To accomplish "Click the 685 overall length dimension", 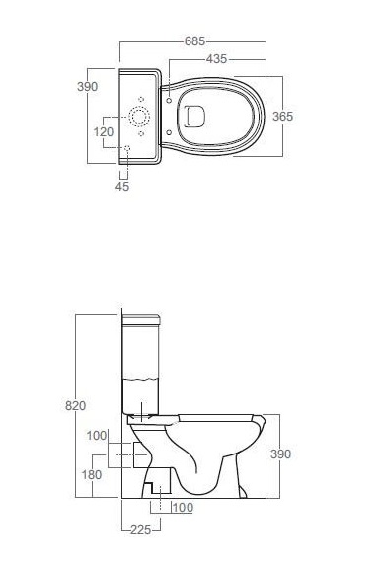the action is (194, 41).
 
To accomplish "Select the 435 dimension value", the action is (216, 59).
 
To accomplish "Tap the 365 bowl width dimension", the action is (283, 117).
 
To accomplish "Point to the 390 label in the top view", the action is (87, 87).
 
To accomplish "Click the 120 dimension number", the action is (104, 131).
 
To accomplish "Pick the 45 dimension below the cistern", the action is (122, 186).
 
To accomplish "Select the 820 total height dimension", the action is (75, 405).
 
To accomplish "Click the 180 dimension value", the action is (92, 475).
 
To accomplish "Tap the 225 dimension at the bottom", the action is (141, 530).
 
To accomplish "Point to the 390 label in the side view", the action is (281, 454).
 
